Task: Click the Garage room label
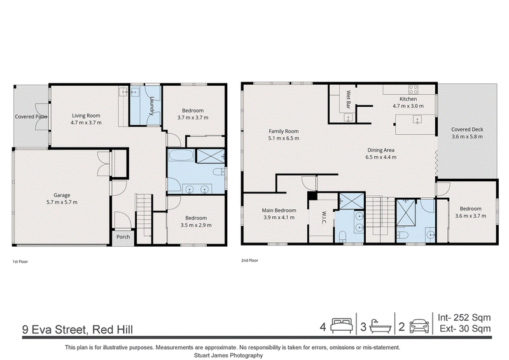62,195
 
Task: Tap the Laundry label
151,106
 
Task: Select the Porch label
123,237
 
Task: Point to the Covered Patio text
31,116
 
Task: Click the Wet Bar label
348,99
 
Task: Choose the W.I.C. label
324,218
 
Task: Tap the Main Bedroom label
279,211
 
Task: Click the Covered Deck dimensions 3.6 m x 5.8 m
467,137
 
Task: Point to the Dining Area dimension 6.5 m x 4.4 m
380,157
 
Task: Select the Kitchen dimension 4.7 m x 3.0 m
408,106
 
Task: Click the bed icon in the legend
342,326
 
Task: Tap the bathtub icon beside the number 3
380,326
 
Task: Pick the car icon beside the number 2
419,326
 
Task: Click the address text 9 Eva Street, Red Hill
78,329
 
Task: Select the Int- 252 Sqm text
464,317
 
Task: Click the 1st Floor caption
20,261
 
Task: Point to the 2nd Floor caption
249,260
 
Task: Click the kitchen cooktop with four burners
413,89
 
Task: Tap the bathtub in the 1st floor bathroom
181,155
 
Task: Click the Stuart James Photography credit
228,356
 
